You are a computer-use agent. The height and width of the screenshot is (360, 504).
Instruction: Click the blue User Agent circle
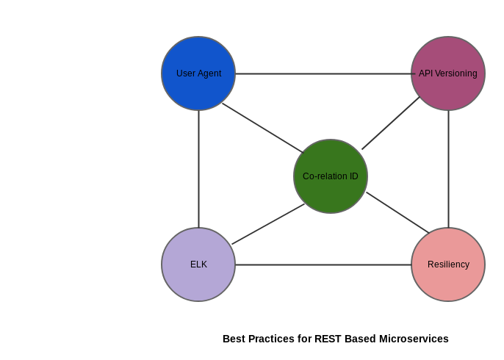click(x=198, y=73)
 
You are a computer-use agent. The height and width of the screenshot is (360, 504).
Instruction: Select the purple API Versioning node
click(x=448, y=73)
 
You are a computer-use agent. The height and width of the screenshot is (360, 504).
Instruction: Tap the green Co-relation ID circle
click(x=331, y=176)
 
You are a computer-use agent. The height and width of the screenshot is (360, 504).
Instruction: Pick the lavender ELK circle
click(x=198, y=264)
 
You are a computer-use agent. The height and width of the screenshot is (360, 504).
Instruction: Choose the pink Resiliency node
click(x=448, y=264)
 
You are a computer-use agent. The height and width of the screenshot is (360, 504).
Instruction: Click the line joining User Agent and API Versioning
click(x=325, y=73)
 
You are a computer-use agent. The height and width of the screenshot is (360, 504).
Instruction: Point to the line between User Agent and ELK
click(x=198, y=169)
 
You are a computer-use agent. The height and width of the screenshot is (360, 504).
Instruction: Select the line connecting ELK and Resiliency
click(x=323, y=264)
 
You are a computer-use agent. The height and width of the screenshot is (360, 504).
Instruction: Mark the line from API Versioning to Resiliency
click(x=448, y=169)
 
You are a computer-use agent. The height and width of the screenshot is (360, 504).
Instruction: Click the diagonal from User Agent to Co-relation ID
click(x=262, y=128)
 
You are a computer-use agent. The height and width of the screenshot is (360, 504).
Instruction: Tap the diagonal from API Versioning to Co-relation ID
click(x=391, y=123)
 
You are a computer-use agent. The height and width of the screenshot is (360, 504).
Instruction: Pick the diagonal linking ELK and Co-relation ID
click(x=268, y=224)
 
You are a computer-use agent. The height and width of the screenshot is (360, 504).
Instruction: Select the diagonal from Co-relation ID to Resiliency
click(x=397, y=212)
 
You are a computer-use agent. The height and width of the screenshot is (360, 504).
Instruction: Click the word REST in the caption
click(x=328, y=339)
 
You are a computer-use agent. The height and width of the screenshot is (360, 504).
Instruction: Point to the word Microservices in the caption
click(x=414, y=339)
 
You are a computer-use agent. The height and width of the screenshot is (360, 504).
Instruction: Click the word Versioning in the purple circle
click(x=456, y=73)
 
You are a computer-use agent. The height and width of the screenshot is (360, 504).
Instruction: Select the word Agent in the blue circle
click(x=209, y=73)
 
